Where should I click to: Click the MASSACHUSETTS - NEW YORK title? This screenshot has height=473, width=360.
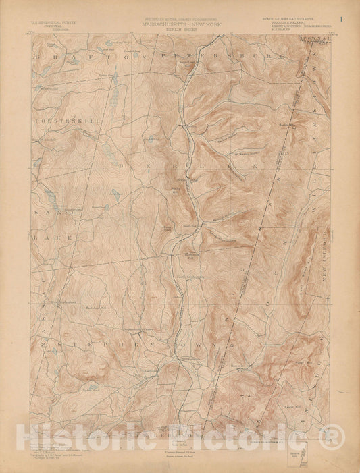180,22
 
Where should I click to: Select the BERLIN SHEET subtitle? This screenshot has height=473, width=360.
180,27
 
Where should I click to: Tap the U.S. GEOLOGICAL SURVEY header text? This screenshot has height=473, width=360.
53,22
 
